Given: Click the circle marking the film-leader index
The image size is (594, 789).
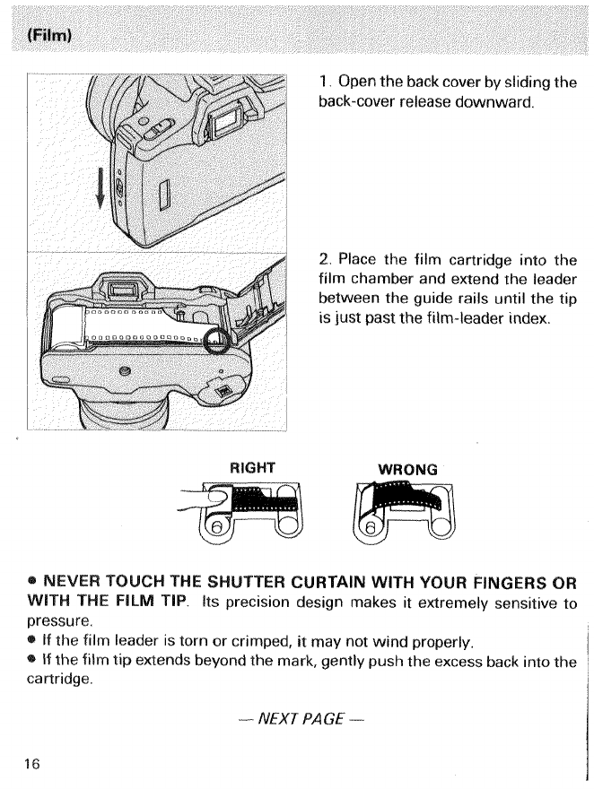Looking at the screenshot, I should pyautogui.click(x=214, y=342).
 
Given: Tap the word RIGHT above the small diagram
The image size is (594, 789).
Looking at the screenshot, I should pyautogui.click(x=252, y=468).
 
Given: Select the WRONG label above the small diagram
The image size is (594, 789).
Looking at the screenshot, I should pyautogui.click(x=407, y=469).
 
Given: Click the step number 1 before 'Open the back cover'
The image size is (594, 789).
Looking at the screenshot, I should pyautogui.click(x=323, y=82).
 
